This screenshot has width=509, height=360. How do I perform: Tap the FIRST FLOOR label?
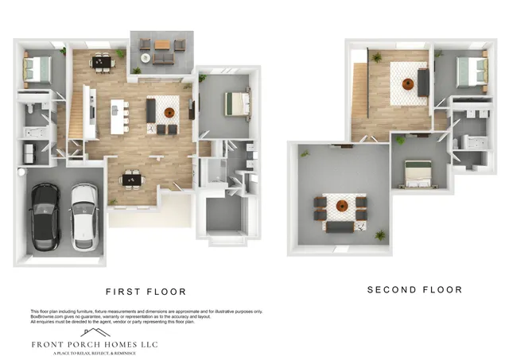146,292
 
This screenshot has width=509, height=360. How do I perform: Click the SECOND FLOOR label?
414,290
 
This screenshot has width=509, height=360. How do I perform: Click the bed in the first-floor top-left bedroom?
37,69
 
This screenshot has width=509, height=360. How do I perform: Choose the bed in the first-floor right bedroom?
236,103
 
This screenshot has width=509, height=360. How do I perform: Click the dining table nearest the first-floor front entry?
131,180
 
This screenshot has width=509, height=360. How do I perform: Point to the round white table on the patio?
146,57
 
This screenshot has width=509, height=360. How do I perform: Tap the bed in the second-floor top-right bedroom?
470,70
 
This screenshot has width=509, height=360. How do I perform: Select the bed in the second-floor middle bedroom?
418,171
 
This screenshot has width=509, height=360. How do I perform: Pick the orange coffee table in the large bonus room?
340,206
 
